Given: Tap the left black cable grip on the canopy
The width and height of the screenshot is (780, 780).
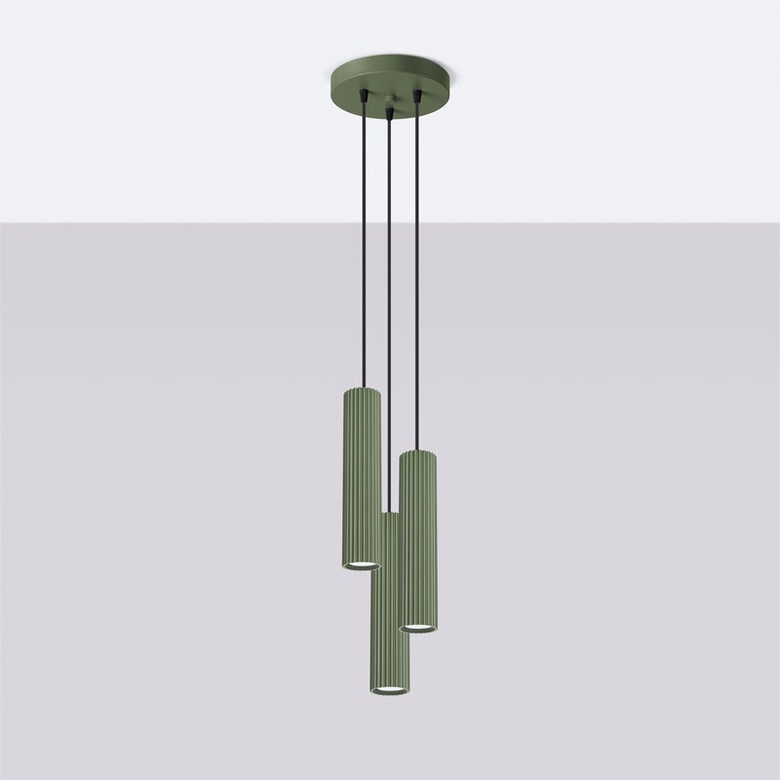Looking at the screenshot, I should point(363,96).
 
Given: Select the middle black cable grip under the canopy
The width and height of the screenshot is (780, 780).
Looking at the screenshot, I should point(389,114).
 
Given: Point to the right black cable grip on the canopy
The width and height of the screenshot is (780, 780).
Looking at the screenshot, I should point(416,96).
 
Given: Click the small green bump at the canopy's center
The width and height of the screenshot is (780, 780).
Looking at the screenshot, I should point(389,101).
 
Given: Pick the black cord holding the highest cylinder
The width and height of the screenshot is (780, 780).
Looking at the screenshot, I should point(363,244).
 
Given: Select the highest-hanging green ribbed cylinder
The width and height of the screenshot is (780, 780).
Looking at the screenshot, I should point(362,478).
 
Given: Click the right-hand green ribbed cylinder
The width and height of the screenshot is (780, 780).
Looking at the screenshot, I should point(418,536).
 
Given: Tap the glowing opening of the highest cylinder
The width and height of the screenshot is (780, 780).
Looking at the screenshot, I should point(361,565).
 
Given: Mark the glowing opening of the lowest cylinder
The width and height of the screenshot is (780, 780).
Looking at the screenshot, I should point(389,689).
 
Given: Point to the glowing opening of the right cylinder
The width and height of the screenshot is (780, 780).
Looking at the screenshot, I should point(418,627).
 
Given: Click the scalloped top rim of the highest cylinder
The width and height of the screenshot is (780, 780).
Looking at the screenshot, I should point(362,391).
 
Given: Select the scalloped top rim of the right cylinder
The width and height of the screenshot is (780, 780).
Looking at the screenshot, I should point(418,453).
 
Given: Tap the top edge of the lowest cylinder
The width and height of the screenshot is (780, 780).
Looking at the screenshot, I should point(389,514).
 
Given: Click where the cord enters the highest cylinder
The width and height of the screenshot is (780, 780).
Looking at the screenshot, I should point(363,388).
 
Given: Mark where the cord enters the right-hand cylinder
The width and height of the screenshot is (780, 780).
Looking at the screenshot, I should point(416,450).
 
